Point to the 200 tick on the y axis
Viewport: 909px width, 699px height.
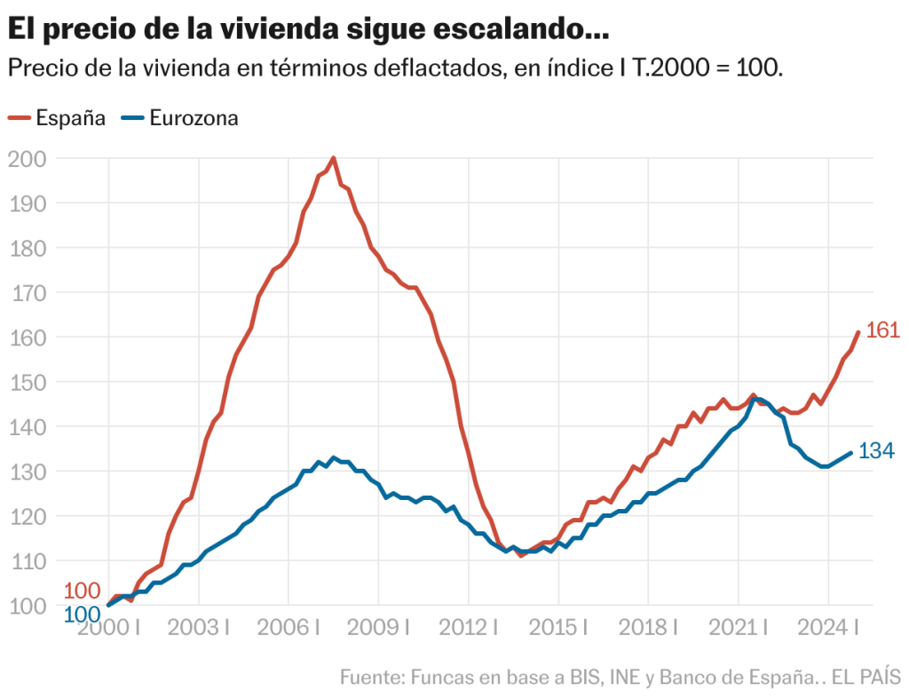(x=26, y=158)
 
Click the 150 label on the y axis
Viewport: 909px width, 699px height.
(x=26, y=382)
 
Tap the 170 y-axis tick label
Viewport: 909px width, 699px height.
(x=26, y=292)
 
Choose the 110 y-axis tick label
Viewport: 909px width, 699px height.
(x=26, y=560)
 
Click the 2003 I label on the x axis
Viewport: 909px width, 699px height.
(x=199, y=627)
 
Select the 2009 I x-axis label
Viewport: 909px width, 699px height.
(x=379, y=627)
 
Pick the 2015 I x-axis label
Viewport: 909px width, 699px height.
(x=558, y=627)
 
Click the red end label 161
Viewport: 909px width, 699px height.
(x=882, y=331)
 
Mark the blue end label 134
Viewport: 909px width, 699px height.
(x=876, y=452)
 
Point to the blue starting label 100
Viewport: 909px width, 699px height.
(x=82, y=614)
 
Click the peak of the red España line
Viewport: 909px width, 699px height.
(x=333, y=158)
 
